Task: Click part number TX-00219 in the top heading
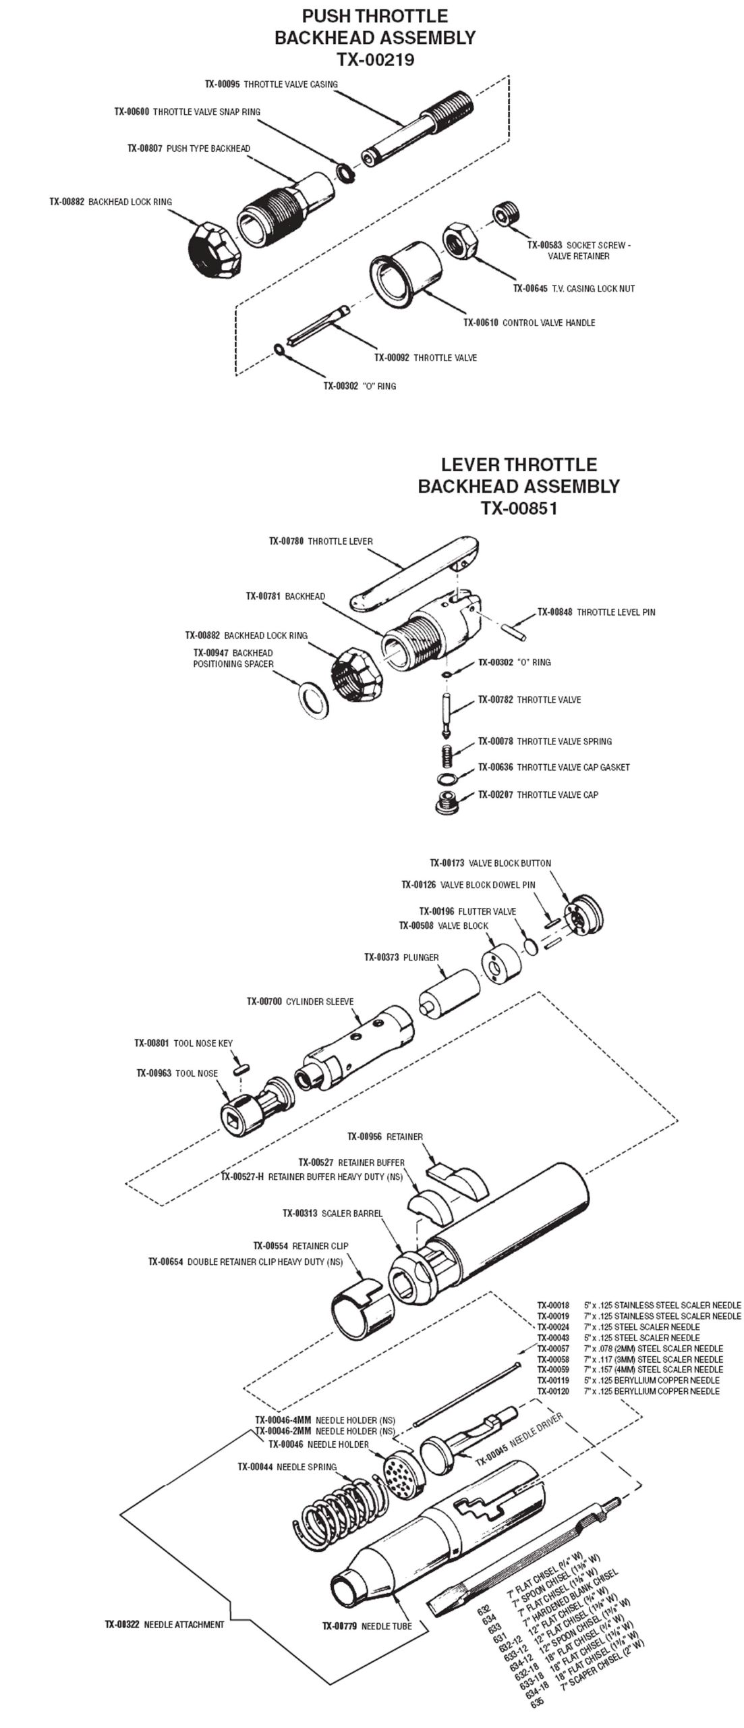(x=375, y=60)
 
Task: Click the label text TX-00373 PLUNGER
(x=401, y=957)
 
